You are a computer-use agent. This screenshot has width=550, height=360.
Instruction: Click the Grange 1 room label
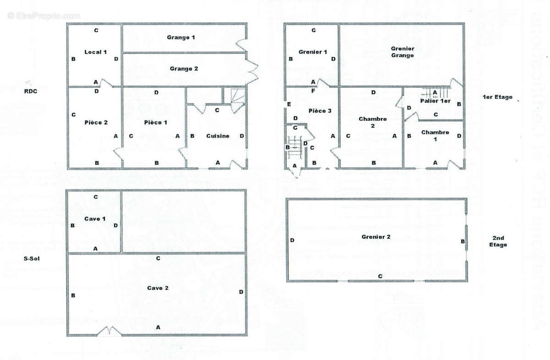[181, 38]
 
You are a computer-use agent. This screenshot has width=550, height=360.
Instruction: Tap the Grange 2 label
[184, 69]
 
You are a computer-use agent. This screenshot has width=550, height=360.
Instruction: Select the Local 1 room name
[95, 52]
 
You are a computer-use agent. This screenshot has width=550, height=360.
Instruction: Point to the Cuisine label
[218, 136]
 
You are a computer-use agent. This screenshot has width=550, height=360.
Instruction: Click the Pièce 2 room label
[96, 122]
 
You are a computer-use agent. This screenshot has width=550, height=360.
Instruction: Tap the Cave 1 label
[95, 219]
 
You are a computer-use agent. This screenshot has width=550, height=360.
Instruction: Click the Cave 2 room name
[158, 288]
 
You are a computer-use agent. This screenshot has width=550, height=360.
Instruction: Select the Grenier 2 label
[376, 237]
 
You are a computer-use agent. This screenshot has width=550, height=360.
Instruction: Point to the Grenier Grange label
[402, 52]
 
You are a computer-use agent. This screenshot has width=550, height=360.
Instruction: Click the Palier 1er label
[435, 100]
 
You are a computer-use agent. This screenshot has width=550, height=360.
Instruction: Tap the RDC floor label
[31, 91]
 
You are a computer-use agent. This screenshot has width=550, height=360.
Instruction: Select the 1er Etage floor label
[497, 97]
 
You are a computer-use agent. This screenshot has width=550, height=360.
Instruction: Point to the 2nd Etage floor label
[498, 241]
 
